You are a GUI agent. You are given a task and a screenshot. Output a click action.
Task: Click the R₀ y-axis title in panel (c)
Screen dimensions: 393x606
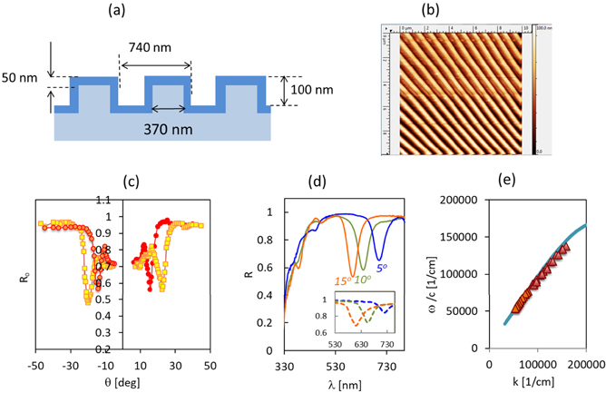[11, 270]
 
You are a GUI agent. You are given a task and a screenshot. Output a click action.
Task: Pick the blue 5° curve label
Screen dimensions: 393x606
[382, 270]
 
